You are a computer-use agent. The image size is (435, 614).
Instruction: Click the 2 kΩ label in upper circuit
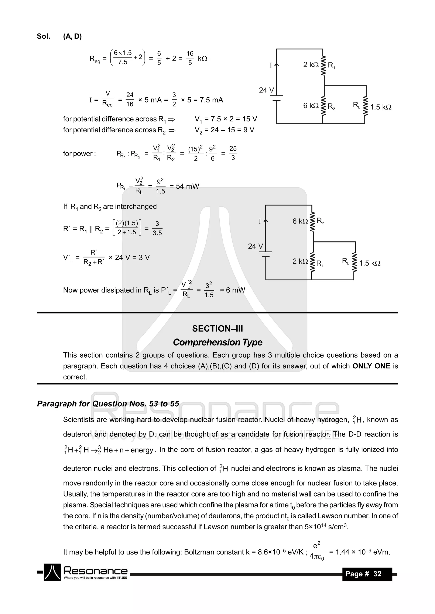point(311,65)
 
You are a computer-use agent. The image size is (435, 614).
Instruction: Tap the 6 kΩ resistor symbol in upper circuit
point(323,106)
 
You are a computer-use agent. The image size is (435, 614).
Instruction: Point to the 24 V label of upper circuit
point(266,90)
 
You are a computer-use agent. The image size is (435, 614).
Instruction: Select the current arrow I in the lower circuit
point(266,221)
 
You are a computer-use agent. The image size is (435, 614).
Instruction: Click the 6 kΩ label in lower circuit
point(300,221)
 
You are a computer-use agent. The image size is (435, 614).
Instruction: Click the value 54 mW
point(187,186)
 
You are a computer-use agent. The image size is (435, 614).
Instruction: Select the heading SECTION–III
point(217,329)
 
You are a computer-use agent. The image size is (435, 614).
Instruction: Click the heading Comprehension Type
point(217,342)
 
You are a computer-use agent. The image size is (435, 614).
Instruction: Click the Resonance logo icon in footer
point(52,572)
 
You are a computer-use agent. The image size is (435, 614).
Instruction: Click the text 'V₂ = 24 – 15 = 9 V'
point(224,130)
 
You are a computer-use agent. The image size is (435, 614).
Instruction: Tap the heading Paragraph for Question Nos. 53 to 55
point(108,404)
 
